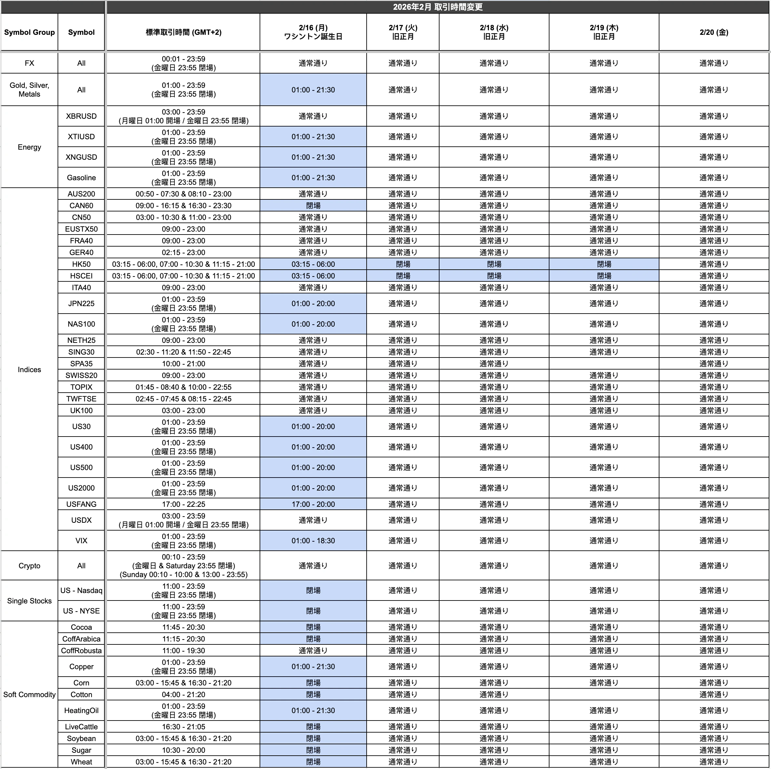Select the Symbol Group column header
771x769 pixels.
point(29,32)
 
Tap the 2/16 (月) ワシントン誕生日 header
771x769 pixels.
point(313,32)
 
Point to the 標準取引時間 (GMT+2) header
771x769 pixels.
point(183,32)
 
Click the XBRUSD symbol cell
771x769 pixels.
point(81,116)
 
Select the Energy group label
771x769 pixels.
point(29,147)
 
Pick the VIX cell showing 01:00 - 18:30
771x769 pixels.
point(313,541)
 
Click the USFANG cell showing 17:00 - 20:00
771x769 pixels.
point(313,504)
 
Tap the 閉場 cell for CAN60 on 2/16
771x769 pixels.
point(313,206)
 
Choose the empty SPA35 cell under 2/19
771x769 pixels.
point(604,364)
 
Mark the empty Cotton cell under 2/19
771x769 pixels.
point(604,695)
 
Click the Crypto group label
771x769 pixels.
point(29,565)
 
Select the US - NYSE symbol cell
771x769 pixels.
point(81,611)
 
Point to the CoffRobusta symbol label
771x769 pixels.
point(81,651)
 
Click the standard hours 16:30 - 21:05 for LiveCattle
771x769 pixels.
point(183,727)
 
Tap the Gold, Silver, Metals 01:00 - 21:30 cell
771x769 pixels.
point(313,90)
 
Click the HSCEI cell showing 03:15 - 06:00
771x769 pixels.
point(313,276)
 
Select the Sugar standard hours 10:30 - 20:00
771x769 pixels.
point(183,750)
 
